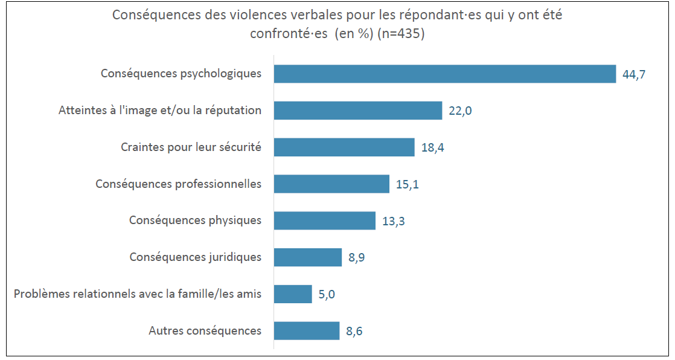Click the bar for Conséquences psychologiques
click(444, 74)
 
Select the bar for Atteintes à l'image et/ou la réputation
click(358, 111)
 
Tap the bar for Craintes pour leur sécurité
click(344, 147)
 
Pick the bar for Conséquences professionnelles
click(331, 184)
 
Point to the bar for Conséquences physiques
click(324, 220)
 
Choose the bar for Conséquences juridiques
click(307, 257)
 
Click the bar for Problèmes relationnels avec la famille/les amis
click(293, 294)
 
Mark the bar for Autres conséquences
click(307, 330)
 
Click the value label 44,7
click(634, 74)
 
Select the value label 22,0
click(460, 111)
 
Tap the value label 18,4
click(432, 148)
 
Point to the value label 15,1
click(407, 184)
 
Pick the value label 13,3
click(393, 221)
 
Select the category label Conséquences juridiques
click(195, 257)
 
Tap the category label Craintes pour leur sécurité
click(191, 147)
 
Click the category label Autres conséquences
click(205, 331)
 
